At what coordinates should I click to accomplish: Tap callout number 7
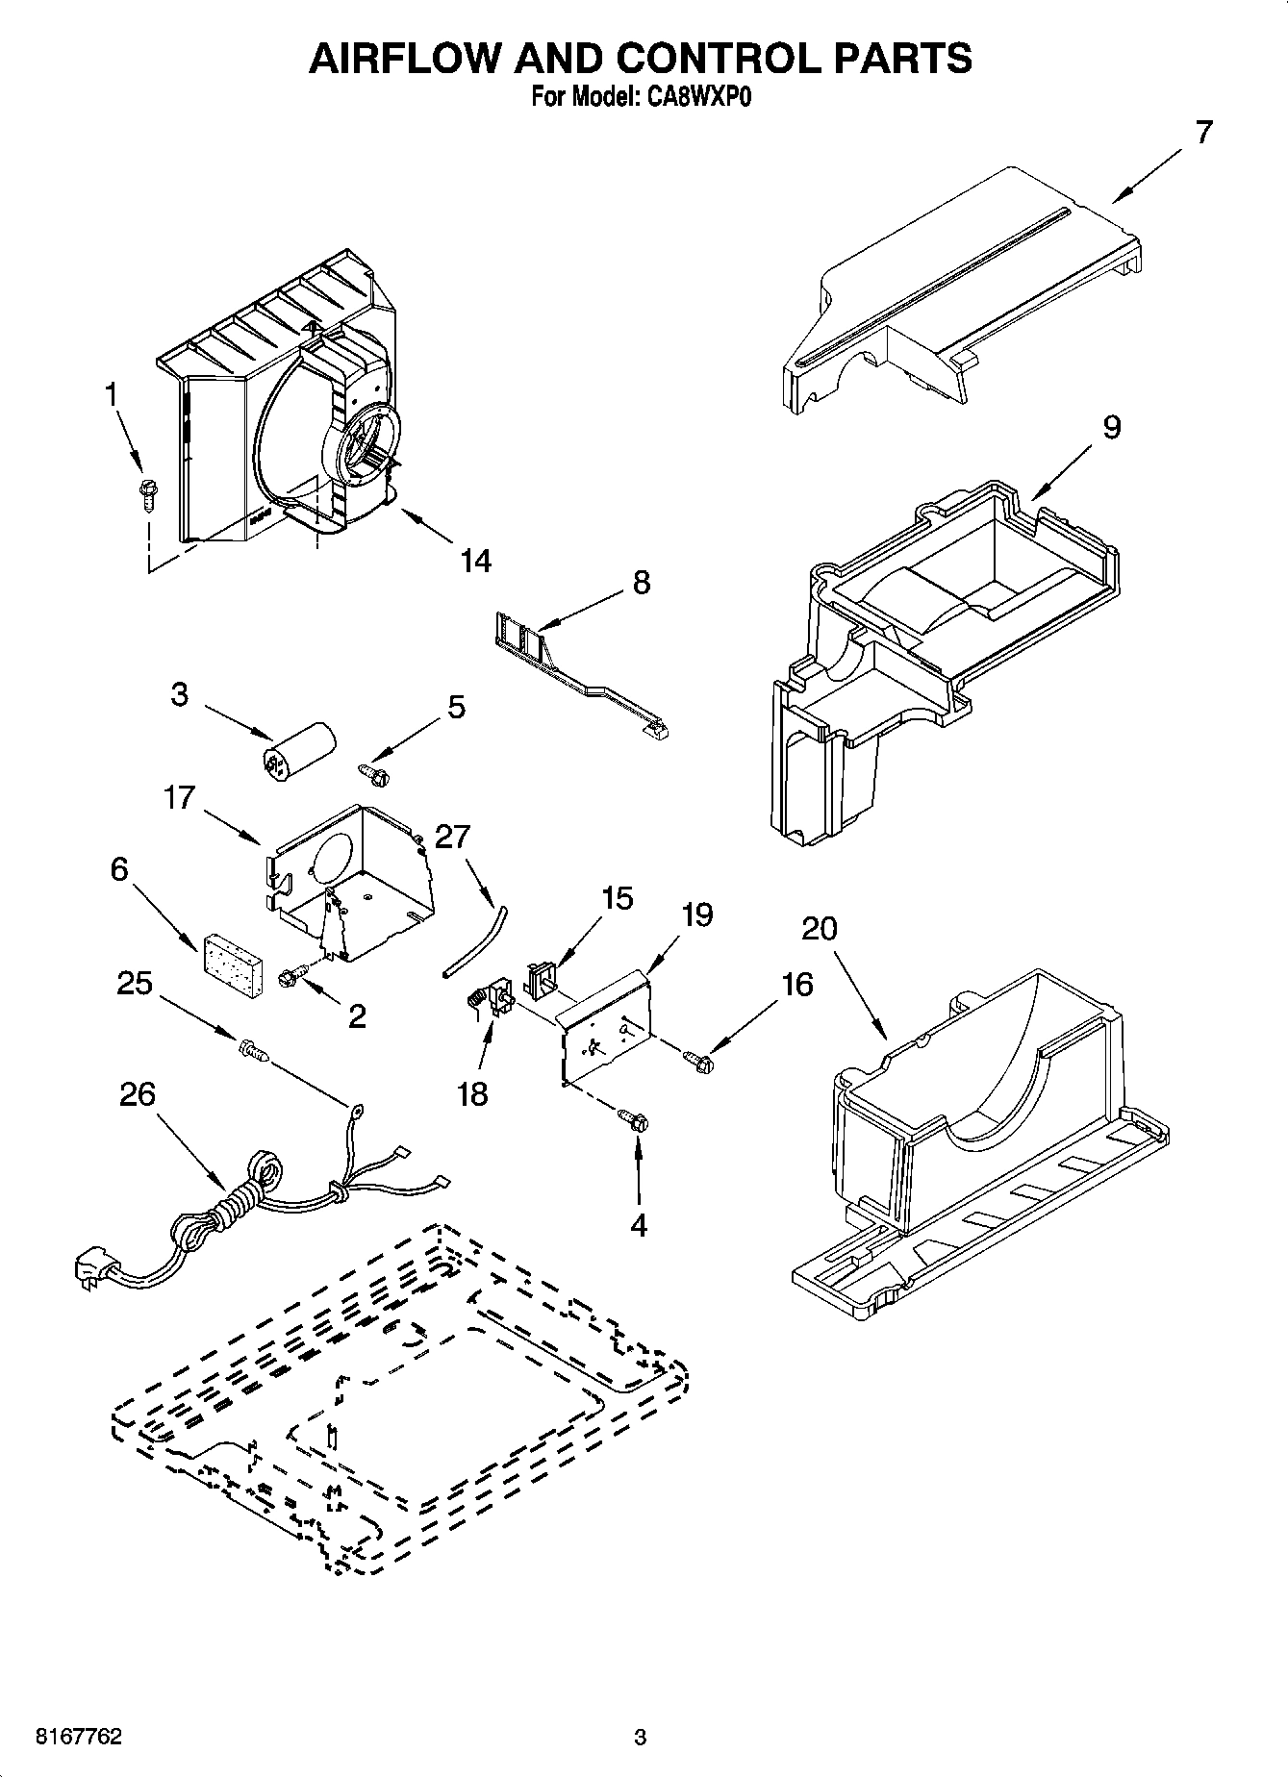click(x=1203, y=133)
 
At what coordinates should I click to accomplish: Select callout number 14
click(x=475, y=561)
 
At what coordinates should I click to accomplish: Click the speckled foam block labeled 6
click(x=233, y=953)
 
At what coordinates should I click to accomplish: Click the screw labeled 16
click(x=697, y=1060)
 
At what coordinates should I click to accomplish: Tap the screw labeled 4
click(x=634, y=1118)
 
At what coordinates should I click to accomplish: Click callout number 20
click(x=819, y=929)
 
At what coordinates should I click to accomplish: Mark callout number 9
click(x=1111, y=427)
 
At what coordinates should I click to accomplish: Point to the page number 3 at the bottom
click(x=639, y=1737)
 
